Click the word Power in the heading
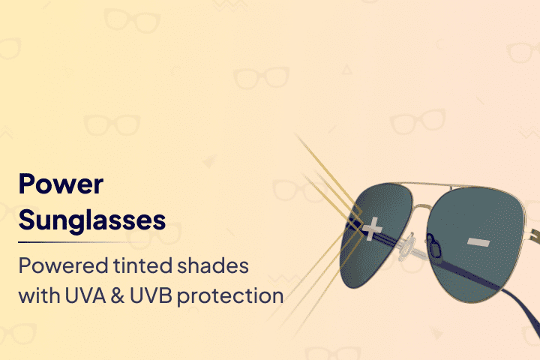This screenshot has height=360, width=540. (61, 184)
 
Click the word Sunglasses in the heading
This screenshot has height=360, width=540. (92, 220)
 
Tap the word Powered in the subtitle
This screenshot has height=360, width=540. (63, 266)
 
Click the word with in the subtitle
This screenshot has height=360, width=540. (39, 295)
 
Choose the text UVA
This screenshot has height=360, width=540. (85, 295)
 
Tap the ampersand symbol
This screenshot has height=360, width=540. (118, 295)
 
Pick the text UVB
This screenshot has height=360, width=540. (151, 295)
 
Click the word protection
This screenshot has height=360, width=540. (230, 296)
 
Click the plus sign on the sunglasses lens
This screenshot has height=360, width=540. (372, 229)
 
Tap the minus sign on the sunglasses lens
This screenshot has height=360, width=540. (478, 242)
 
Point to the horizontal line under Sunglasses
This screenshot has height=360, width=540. (82, 242)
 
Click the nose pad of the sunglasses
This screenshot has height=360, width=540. (434, 245)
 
